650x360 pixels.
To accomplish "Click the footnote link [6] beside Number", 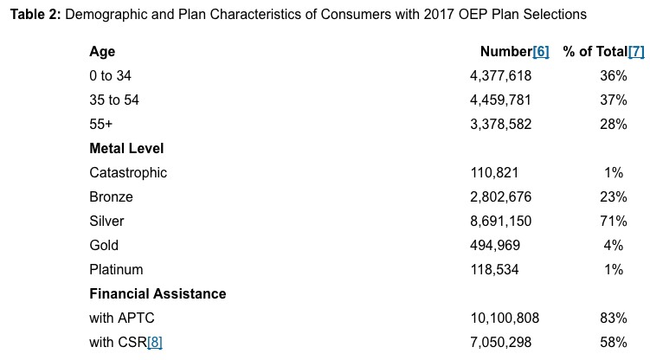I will tap(541, 52).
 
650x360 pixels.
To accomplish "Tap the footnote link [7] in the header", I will tap(636, 52).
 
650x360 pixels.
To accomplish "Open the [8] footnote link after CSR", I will tap(155, 343).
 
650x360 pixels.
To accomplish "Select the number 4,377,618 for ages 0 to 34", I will tap(500, 76).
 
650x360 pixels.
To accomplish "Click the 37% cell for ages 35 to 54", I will tap(613, 100).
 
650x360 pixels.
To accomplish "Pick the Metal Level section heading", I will tap(126, 149).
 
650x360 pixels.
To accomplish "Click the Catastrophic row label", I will tap(128, 173).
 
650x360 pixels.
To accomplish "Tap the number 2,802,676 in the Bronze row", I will tap(500, 197).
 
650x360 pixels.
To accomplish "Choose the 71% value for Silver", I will tap(613, 222).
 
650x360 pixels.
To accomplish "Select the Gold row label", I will tap(104, 246).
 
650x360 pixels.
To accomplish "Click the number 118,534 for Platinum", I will tap(494, 270).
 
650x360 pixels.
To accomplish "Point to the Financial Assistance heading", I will tap(158, 294).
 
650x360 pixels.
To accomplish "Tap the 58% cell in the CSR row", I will tap(613, 343).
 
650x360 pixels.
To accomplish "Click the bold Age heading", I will tap(102, 52).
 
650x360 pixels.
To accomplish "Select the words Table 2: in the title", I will tap(35, 15).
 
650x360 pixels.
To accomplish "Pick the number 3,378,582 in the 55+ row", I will tap(500, 125).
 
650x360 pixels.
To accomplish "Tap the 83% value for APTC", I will tap(613, 318).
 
